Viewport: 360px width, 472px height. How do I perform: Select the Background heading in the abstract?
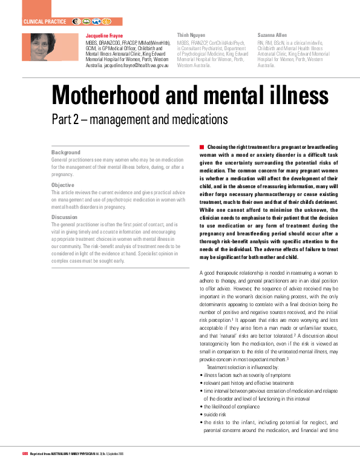tap(65, 152)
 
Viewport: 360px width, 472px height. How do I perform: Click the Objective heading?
tap(64, 185)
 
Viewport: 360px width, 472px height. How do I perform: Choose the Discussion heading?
tap(65, 217)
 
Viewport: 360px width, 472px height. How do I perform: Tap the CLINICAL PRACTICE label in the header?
tap(44, 21)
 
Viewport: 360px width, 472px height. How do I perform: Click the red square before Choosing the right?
tap(201, 147)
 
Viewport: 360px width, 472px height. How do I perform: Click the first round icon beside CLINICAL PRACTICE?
tap(77, 21)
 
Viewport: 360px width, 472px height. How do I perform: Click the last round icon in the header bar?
tap(106, 21)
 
